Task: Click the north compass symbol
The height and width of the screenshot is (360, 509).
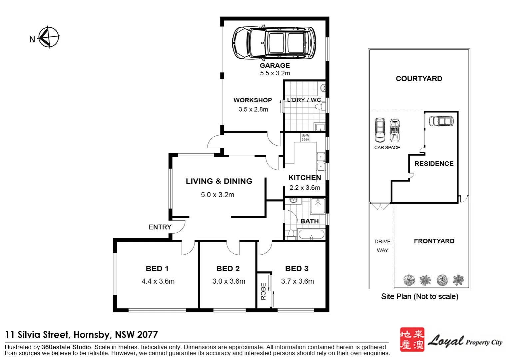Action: pyautogui.click(x=49, y=37)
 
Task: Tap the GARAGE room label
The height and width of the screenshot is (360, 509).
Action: pyautogui.click(x=275, y=66)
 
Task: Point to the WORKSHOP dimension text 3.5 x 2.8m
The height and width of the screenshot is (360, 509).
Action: pyautogui.click(x=253, y=109)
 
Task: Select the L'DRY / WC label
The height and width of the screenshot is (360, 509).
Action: pyautogui.click(x=304, y=100)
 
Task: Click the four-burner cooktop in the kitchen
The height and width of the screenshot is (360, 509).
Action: pyautogui.click(x=305, y=137)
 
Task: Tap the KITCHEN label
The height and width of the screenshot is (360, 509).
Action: pyautogui.click(x=304, y=178)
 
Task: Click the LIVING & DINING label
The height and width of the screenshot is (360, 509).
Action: pyautogui.click(x=219, y=181)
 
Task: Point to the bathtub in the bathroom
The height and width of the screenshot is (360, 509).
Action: pyautogui.click(x=311, y=234)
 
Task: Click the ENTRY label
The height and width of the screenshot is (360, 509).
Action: pyautogui.click(x=160, y=227)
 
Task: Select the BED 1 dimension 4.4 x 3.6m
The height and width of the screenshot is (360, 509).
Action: pyautogui.click(x=158, y=281)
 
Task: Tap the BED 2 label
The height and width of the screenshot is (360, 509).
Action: pyautogui.click(x=228, y=269)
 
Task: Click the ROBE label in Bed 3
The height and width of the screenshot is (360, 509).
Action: pyautogui.click(x=263, y=291)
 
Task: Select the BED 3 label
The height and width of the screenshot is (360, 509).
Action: pyautogui.click(x=296, y=269)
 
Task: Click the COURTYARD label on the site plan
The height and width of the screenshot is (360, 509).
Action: pyautogui.click(x=419, y=79)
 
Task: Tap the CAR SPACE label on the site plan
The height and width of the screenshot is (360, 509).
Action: pyautogui.click(x=387, y=148)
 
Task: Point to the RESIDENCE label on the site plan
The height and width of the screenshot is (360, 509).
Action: pyautogui.click(x=434, y=164)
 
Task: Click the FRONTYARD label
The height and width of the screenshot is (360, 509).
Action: pyautogui.click(x=434, y=241)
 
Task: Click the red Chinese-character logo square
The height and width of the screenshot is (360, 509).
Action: pyautogui.click(x=412, y=339)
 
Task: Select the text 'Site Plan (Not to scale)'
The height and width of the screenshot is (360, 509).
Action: pyautogui.click(x=420, y=297)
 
